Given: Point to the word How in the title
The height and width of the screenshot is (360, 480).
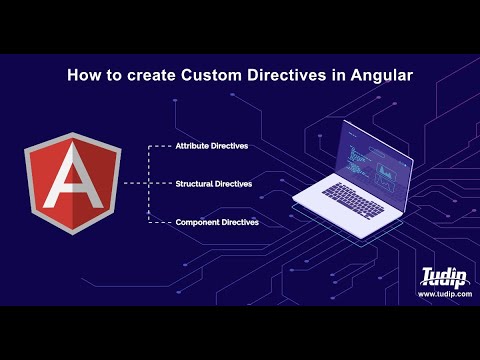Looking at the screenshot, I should tap(82, 74).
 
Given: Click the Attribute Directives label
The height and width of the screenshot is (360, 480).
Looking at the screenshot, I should tap(212, 146).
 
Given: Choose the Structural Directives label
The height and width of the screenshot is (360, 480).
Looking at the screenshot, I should tap(212, 184).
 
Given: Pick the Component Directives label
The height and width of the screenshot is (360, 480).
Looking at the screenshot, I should tap(217, 222).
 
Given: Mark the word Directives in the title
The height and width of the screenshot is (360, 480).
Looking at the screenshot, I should tap(273, 74).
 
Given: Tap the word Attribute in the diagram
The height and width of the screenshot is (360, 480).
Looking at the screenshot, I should tap(194, 146).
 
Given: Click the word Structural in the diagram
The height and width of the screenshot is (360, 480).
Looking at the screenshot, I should tap(194, 184).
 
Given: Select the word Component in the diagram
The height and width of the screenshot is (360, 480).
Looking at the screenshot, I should tap(197, 222).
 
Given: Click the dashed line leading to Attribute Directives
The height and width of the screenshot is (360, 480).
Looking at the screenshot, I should tap(160, 146).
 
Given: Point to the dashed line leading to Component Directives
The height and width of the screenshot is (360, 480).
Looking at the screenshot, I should tap(160, 222).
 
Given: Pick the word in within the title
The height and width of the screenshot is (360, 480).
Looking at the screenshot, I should tap(321, 74).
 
